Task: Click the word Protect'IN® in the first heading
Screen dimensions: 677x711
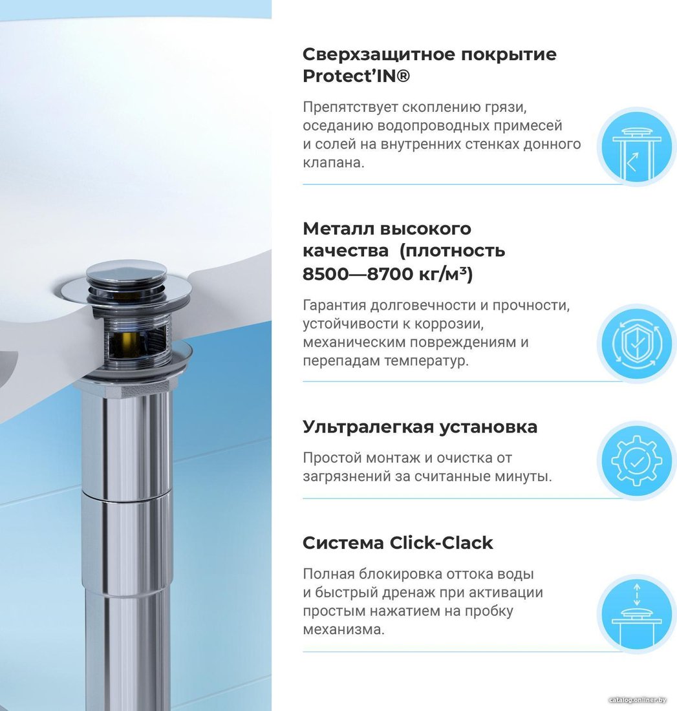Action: [x=356, y=76]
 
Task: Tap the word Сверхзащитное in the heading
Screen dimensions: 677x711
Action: [x=379, y=54]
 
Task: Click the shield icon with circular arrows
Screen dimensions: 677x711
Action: [x=637, y=343]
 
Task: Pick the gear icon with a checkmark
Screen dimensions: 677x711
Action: [x=637, y=461]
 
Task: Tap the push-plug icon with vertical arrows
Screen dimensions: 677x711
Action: [x=637, y=615]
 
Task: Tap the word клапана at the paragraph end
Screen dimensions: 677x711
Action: [x=334, y=162]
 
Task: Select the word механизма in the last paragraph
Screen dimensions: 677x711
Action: [x=343, y=630]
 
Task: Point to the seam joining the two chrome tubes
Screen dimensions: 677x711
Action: [x=127, y=496]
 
